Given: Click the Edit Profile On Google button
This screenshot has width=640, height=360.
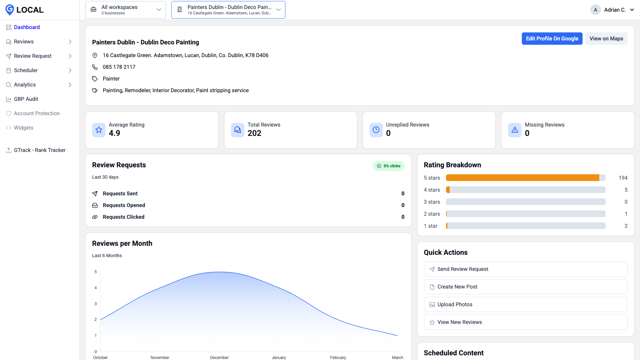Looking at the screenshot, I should click(x=552, y=39).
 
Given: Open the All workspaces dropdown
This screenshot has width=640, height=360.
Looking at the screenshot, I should click(x=126, y=10).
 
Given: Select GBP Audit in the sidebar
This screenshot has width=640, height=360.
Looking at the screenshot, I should click(x=26, y=99).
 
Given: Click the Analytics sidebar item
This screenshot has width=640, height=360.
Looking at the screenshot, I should click(x=25, y=85).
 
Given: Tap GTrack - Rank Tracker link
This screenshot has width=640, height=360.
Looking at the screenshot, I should click(x=40, y=150).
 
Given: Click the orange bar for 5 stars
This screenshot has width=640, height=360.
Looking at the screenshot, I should click(x=522, y=178).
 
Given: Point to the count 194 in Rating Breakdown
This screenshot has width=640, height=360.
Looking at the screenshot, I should click(x=623, y=178).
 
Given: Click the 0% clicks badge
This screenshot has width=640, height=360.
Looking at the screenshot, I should click(x=389, y=166).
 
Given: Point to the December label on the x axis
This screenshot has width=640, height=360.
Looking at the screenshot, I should click(x=219, y=357).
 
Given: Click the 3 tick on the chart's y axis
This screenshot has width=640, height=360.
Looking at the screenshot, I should click(x=95, y=304).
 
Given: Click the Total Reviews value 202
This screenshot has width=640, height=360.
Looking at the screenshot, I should click(x=254, y=133).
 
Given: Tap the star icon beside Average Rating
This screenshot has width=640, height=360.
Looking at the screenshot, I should click(x=99, y=130).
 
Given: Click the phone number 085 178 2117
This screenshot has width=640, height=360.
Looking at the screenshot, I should click(x=119, y=67).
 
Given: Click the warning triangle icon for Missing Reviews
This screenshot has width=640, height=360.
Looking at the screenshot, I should click(x=514, y=130).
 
